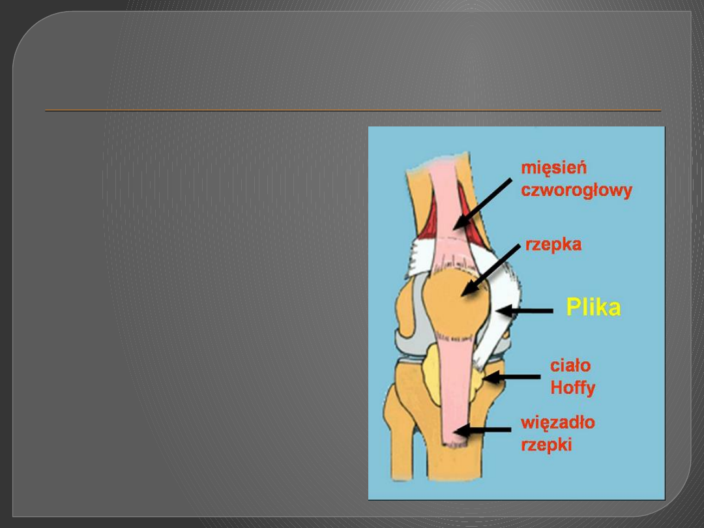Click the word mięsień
coord(553,168)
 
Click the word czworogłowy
coord(576,190)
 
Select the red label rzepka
coord(553,245)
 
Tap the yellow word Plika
coord(593,307)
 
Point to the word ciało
coord(570,366)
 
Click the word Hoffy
coord(573,388)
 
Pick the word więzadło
coord(557,423)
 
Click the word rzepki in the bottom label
coord(546,445)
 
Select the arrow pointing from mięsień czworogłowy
coord(483,203)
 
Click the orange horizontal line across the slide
coord(352,111)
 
